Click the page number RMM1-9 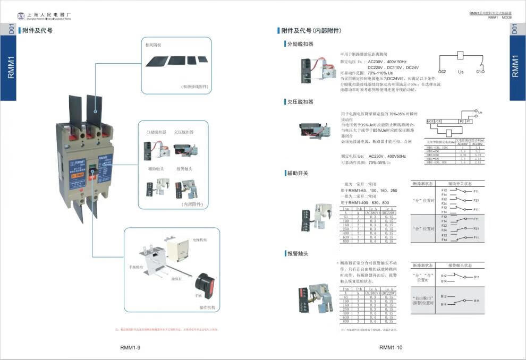pyautogui.click(x=130, y=348)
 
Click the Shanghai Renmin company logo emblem pyautogui.click(x=21, y=16)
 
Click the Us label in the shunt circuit pyautogui.click(x=461, y=71)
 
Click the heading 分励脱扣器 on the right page pyautogui.click(x=300, y=44)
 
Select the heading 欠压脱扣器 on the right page pyautogui.click(x=300, y=101)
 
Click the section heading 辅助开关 pyautogui.click(x=298, y=173)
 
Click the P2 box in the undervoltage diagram pyautogui.click(x=461, y=122)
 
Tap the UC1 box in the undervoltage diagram pyautogui.click(x=438, y=122)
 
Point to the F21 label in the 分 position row pyautogui.click(x=476, y=200)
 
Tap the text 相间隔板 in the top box pyautogui.click(x=154, y=46)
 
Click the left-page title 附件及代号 pyautogui.click(x=37, y=31)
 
